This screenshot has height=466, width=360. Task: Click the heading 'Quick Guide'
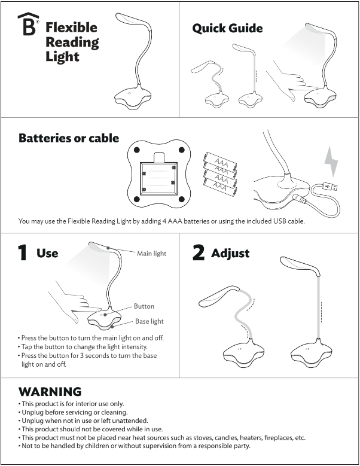click(227, 28)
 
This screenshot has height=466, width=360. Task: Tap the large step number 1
click(23, 253)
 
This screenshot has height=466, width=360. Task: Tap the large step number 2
click(199, 253)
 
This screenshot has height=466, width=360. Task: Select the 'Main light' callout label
click(151, 254)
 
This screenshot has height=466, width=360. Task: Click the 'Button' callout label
click(144, 306)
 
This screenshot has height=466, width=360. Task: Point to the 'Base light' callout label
click(149, 321)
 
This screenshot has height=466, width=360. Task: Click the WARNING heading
click(50, 392)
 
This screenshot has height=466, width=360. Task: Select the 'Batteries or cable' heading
click(69, 138)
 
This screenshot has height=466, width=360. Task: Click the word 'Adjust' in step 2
click(230, 253)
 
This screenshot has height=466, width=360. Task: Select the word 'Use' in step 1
click(47, 253)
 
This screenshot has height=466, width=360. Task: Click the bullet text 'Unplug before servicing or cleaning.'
click(74, 412)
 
